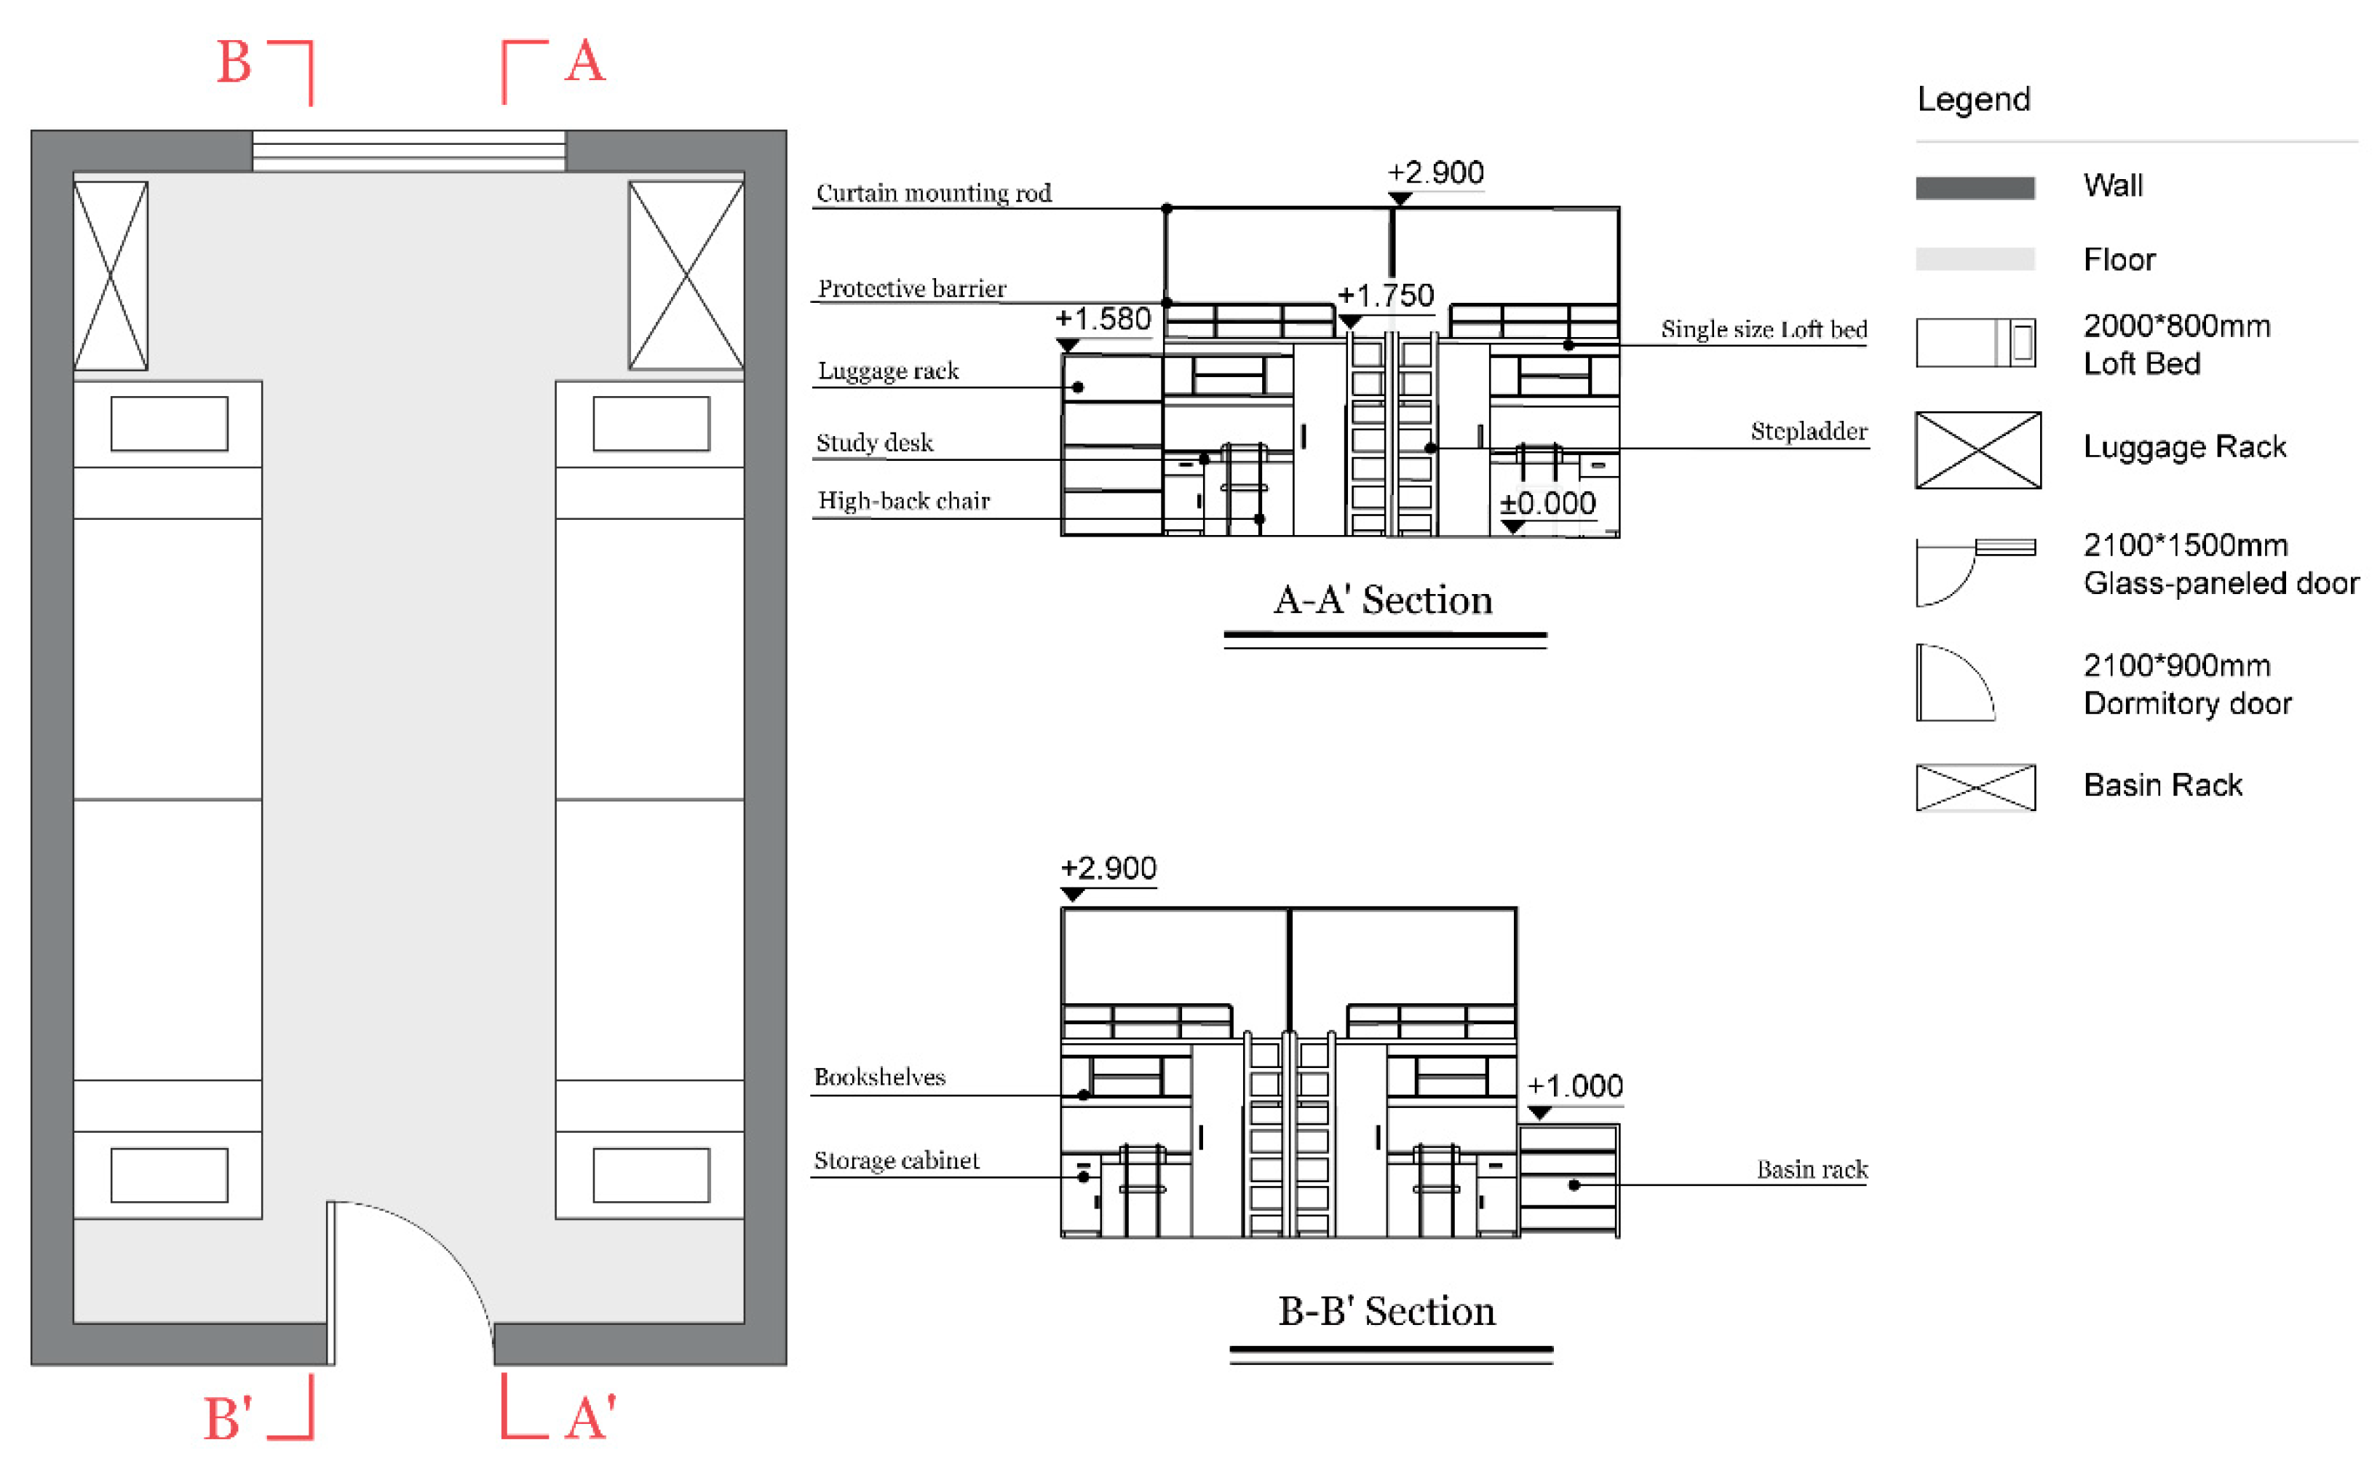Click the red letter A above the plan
point(584,63)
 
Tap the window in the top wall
point(408,151)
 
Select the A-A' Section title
point(1383,601)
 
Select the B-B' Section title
point(1387,1311)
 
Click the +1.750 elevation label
point(1385,296)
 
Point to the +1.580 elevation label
point(1103,319)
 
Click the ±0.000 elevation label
point(1547,504)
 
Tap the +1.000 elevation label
point(1575,1085)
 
